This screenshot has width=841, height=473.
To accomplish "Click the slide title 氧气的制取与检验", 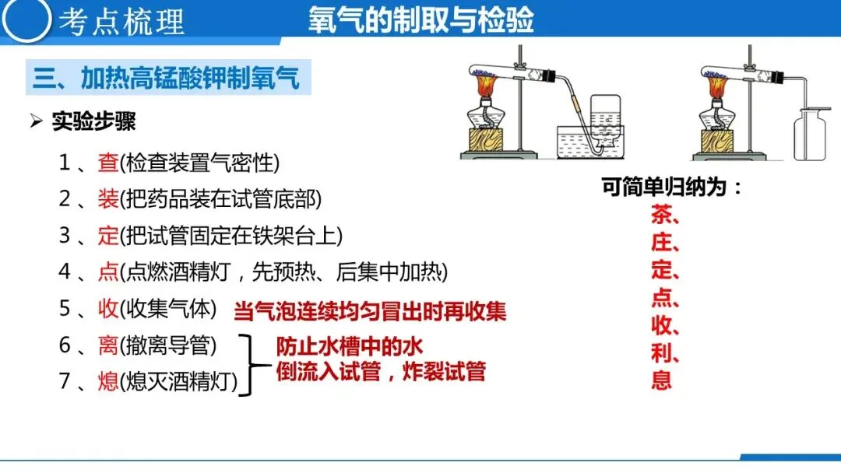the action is (x=421, y=20).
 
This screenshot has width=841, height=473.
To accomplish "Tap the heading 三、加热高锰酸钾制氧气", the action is (x=166, y=78).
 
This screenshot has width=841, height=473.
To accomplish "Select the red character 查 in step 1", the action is (x=107, y=163).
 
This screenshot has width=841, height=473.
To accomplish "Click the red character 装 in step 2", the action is (x=107, y=198).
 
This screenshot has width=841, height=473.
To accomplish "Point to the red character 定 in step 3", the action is (x=107, y=235).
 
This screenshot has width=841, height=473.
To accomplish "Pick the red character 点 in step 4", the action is (x=107, y=272).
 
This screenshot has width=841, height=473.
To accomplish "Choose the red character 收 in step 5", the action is (x=107, y=309).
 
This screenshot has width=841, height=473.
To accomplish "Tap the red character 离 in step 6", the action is (x=107, y=345).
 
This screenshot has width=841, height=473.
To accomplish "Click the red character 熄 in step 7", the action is (x=107, y=381).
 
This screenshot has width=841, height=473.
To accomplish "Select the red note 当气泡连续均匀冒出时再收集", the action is (x=370, y=311).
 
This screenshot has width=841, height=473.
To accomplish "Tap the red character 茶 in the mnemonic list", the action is (x=662, y=215).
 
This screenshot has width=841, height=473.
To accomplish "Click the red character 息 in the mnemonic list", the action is (x=662, y=380).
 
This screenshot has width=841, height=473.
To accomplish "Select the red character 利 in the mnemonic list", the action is (x=662, y=352).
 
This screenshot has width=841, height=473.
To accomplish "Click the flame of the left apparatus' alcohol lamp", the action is (x=487, y=85).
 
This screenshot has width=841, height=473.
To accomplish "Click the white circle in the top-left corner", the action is (x=26, y=19).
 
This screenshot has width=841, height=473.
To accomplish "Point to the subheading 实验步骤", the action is (x=94, y=121).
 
